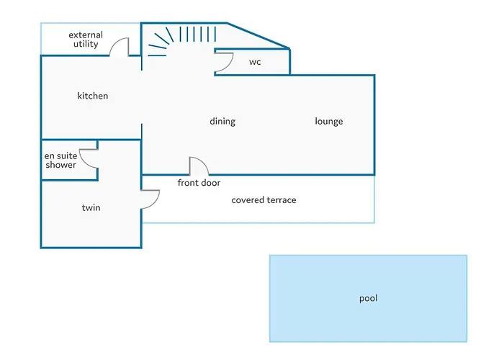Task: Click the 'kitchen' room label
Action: click(93, 96)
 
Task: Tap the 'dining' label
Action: click(222, 121)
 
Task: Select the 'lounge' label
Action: click(329, 121)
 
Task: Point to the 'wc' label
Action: click(255, 62)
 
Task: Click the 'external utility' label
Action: click(86, 40)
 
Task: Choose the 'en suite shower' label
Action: click(60, 160)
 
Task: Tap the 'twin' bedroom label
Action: click(91, 208)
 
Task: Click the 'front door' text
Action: click(199, 183)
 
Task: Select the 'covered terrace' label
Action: click(264, 199)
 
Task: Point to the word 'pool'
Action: click(368, 298)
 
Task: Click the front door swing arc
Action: click(199, 166)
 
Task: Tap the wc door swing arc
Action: click(223, 63)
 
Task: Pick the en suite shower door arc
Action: click(88, 158)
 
